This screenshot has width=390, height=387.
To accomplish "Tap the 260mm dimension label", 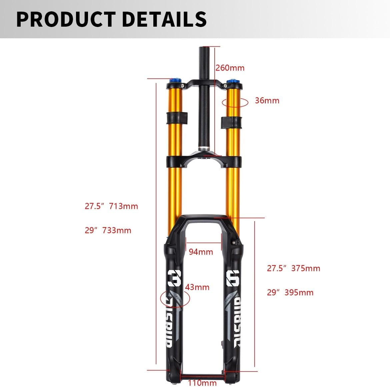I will [230, 68].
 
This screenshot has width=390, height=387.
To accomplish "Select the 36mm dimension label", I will [267, 100].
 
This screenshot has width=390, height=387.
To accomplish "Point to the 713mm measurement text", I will [123, 206].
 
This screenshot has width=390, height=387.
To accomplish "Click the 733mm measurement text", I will [117, 230].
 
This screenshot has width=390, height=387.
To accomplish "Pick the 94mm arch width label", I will [201, 252].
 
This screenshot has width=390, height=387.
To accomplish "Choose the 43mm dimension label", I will [197, 287].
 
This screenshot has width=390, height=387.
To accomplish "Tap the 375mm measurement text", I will [305, 268].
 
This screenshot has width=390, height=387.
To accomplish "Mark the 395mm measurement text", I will [299, 292].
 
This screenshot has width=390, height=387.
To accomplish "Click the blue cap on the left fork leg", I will [175, 81].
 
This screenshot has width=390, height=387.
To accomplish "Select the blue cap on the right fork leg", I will [231, 81].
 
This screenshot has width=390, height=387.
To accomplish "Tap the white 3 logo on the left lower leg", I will [174, 278].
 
